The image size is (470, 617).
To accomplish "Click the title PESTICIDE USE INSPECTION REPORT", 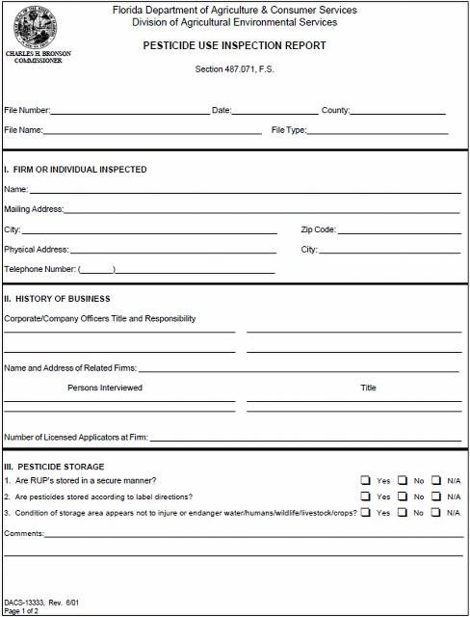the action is coord(234,45).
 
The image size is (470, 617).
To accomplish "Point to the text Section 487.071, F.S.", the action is coord(234,69).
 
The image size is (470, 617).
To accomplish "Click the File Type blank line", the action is coord(378,131).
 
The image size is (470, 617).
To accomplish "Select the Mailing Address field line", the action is coord(260,210).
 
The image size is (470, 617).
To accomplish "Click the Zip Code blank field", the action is coord(399,231).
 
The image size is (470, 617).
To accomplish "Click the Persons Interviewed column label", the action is coord(105,388).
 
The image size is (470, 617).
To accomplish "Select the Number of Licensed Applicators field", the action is coord(304,439).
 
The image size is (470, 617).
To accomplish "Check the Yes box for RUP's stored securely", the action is coord(366,480).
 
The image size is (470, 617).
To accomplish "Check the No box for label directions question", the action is coord(402,496).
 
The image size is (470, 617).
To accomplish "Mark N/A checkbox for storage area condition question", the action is coord(436,513).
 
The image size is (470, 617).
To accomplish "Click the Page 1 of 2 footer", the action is coord(20,611).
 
